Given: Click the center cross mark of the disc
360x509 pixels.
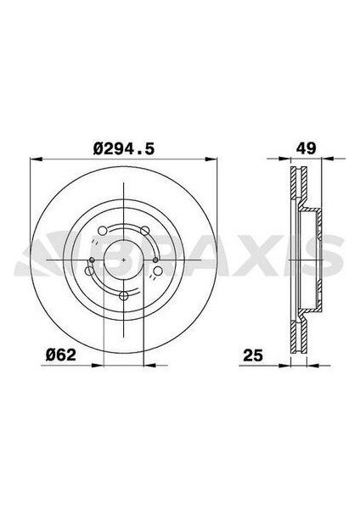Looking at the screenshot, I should click(x=124, y=256).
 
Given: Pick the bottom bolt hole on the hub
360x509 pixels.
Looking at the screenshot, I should click(x=124, y=296).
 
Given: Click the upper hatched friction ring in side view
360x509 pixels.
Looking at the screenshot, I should click(x=297, y=187).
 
